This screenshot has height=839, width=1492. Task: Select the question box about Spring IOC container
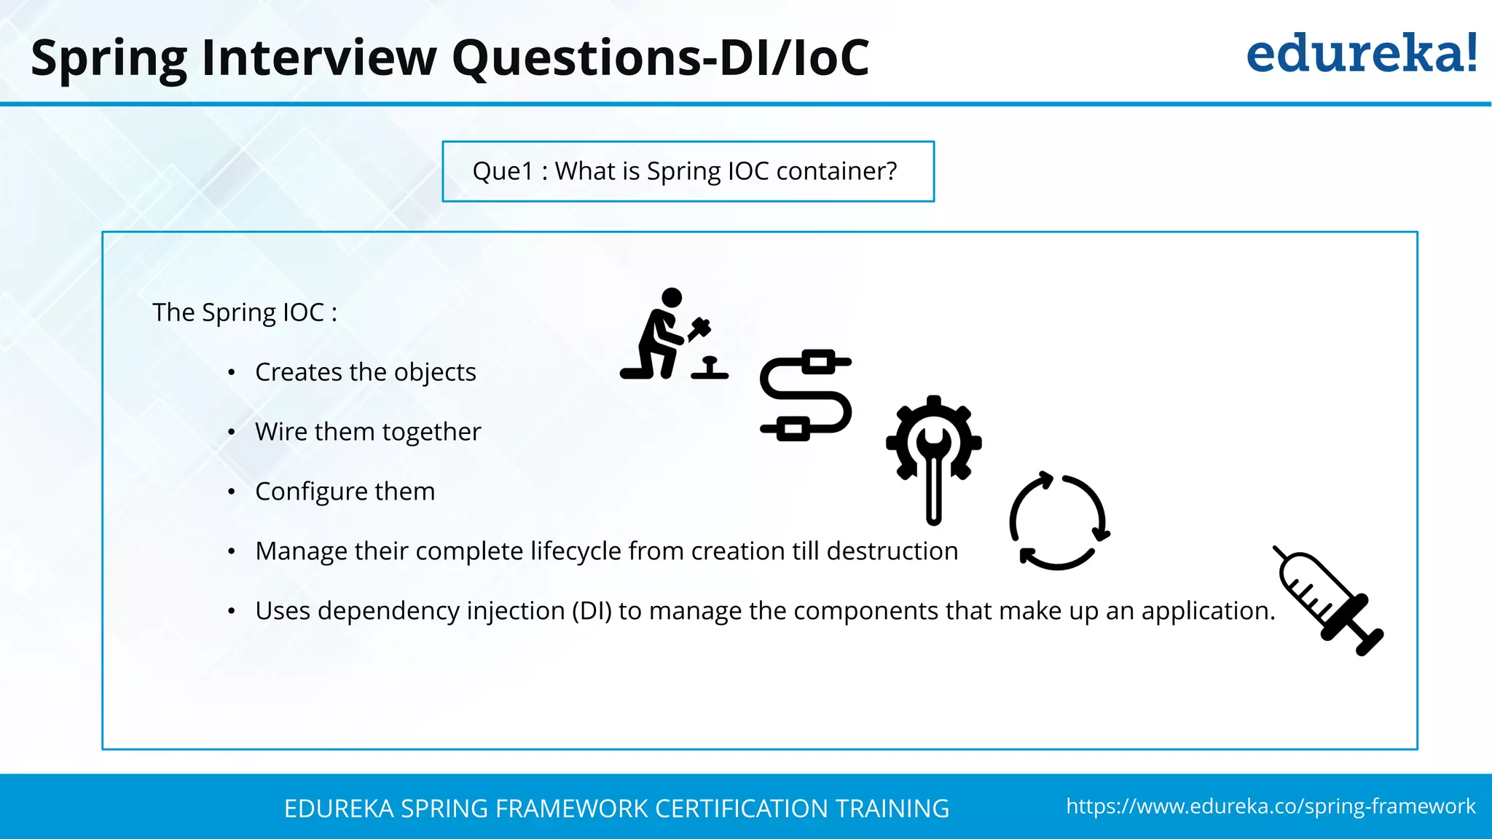688,171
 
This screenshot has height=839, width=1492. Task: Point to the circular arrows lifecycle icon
1059,520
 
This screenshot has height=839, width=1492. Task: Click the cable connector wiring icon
805,395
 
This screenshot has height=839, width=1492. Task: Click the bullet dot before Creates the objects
231,373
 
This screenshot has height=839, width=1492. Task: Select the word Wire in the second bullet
280,432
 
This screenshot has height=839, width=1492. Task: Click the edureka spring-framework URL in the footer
1271,806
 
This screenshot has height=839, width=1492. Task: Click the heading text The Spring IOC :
245,312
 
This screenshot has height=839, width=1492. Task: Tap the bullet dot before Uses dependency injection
231,612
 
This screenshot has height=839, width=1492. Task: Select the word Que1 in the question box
503,171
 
